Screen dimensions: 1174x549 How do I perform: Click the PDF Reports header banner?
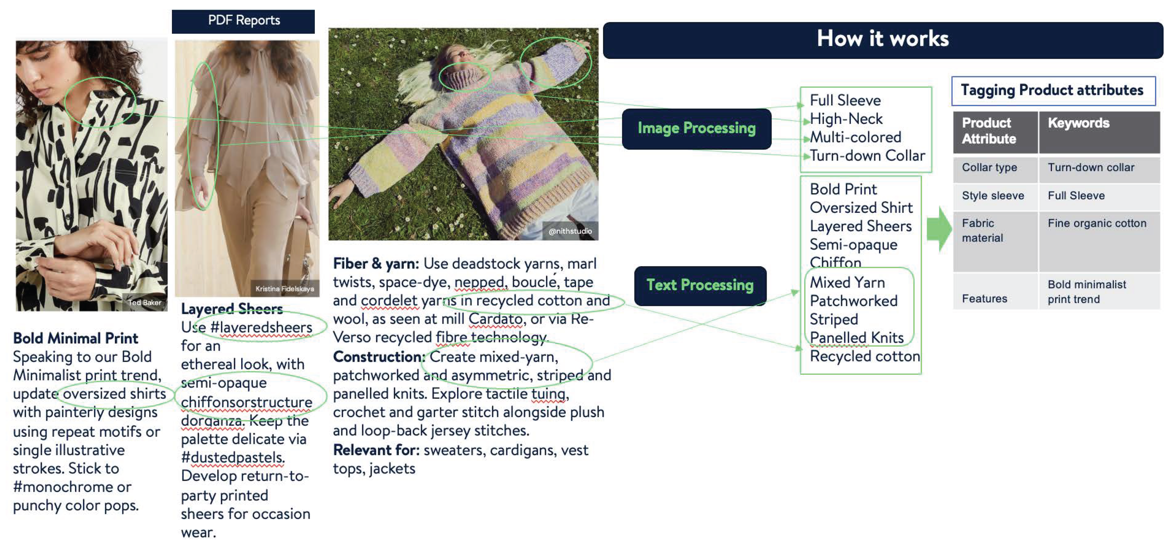pyautogui.click(x=244, y=21)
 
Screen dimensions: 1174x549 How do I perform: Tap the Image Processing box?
pyautogui.click(x=696, y=129)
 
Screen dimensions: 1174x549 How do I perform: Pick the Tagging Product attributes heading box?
pyautogui.click(x=1052, y=91)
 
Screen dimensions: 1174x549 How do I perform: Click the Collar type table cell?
pyautogui.click(x=989, y=168)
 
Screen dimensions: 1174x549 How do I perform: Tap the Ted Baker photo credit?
pyautogui.click(x=145, y=302)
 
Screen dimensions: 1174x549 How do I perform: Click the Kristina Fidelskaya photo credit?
pyautogui.click(x=285, y=289)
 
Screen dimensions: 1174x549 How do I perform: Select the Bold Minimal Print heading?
pyautogui.click(x=76, y=338)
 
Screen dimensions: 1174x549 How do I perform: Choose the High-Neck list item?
pyautogui.click(x=846, y=119)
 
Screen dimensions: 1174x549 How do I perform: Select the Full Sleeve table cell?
pyautogui.click(x=1076, y=196)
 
